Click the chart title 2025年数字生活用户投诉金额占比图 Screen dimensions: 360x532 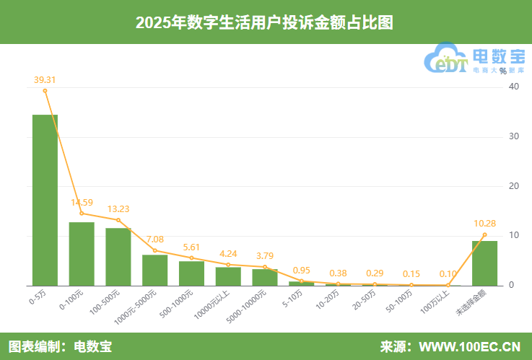(x=265, y=22)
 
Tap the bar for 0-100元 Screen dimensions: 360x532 (x=82, y=253)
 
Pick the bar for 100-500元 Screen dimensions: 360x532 (x=118, y=256)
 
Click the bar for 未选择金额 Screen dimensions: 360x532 (x=484, y=263)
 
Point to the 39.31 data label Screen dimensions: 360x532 (x=45, y=79)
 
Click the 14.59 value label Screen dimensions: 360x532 (x=82, y=202)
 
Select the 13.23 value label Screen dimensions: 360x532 (x=118, y=209)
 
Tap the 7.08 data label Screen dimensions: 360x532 (x=155, y=240)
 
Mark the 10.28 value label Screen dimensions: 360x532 (x=484, y=224)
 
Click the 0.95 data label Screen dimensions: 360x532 (x=302, y=271)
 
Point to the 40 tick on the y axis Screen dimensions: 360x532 (x=513, y=87)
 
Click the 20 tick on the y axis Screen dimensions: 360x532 (x=513, y=186)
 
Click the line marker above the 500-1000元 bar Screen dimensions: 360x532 (x=192, y=258)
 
